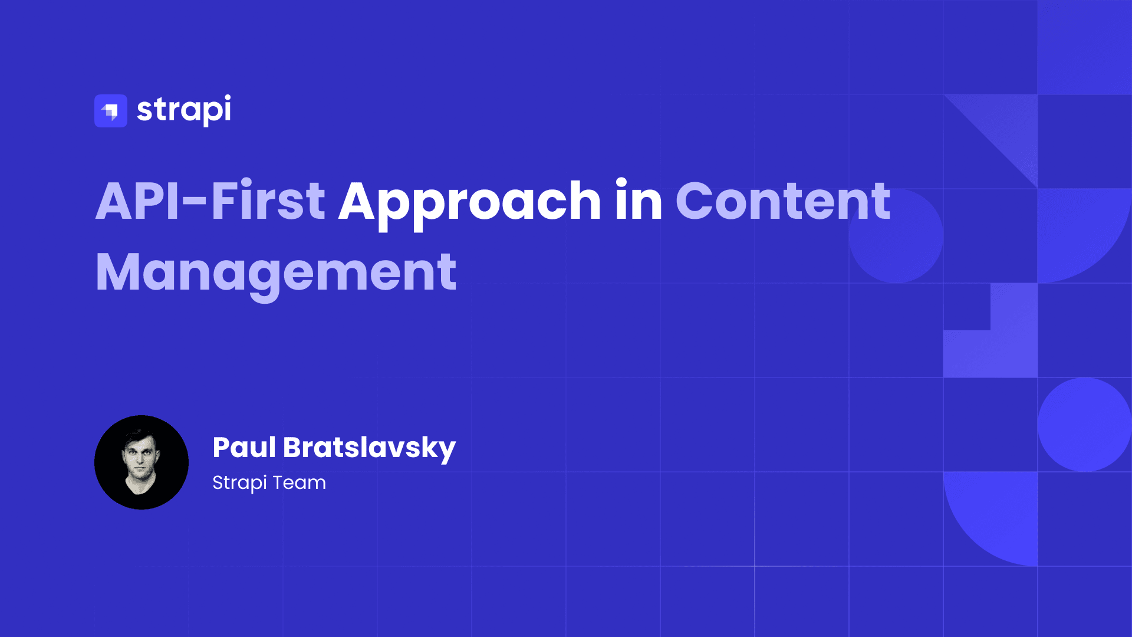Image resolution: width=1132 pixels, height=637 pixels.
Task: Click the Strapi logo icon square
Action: (111, 111)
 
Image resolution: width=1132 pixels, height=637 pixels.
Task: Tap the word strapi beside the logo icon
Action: (184, 110)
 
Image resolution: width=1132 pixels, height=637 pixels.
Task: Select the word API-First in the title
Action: (210, 202)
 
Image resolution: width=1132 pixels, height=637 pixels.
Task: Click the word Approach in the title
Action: (469, 202)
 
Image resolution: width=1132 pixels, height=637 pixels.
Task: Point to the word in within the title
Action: (639, 202)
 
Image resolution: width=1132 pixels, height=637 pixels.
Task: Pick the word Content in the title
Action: (782, 202)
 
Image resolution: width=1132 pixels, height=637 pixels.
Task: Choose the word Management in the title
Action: (276, 272)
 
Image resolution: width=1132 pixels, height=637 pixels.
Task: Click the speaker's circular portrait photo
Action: (141, 462)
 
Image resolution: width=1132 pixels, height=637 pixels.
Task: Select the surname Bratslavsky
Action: (369, 448)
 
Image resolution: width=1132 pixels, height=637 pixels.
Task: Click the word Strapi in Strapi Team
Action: (239, 483)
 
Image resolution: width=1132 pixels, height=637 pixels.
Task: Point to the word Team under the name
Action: (299, 482)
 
